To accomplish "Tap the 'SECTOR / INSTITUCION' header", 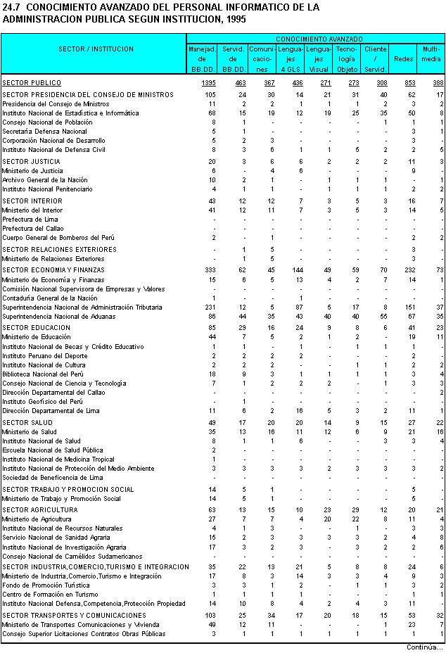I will coord(96,49).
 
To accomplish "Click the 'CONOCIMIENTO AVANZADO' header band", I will coord(319,38).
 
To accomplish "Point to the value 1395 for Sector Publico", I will coord(208,83).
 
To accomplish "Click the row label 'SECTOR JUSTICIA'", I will coord(31,162).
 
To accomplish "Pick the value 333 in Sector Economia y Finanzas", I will coord(210,270).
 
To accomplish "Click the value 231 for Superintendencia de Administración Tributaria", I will coord(210,308).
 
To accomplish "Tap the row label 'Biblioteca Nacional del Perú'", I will coord(42,374).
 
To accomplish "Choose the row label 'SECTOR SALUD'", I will coord(27,422).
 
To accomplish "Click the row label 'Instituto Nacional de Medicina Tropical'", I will coord(57,459).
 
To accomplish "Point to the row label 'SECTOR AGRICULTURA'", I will coord(39,509).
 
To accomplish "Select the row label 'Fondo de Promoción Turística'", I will coord(43,585).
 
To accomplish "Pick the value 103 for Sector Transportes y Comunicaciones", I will coord(210,616).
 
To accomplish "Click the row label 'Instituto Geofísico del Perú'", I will coord(42,401).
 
